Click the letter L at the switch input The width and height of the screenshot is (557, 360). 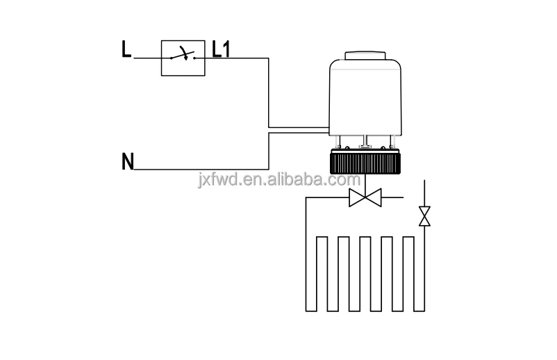pos(126,51)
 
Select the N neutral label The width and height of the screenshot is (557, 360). pos(127,162)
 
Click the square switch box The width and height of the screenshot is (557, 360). pos(183,57)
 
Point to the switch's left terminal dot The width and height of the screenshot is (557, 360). pos(173,58)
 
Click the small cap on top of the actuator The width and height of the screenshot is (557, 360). pos(367,55)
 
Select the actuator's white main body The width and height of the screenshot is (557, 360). pos(367,97)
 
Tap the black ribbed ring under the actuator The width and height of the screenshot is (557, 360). pos(367,164)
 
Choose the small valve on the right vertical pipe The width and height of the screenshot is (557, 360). pos(424,216)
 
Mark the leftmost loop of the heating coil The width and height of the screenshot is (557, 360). pos(322,275)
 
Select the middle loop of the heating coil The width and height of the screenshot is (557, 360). pos(365,275)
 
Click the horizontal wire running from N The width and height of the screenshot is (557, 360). pos(201,168)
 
